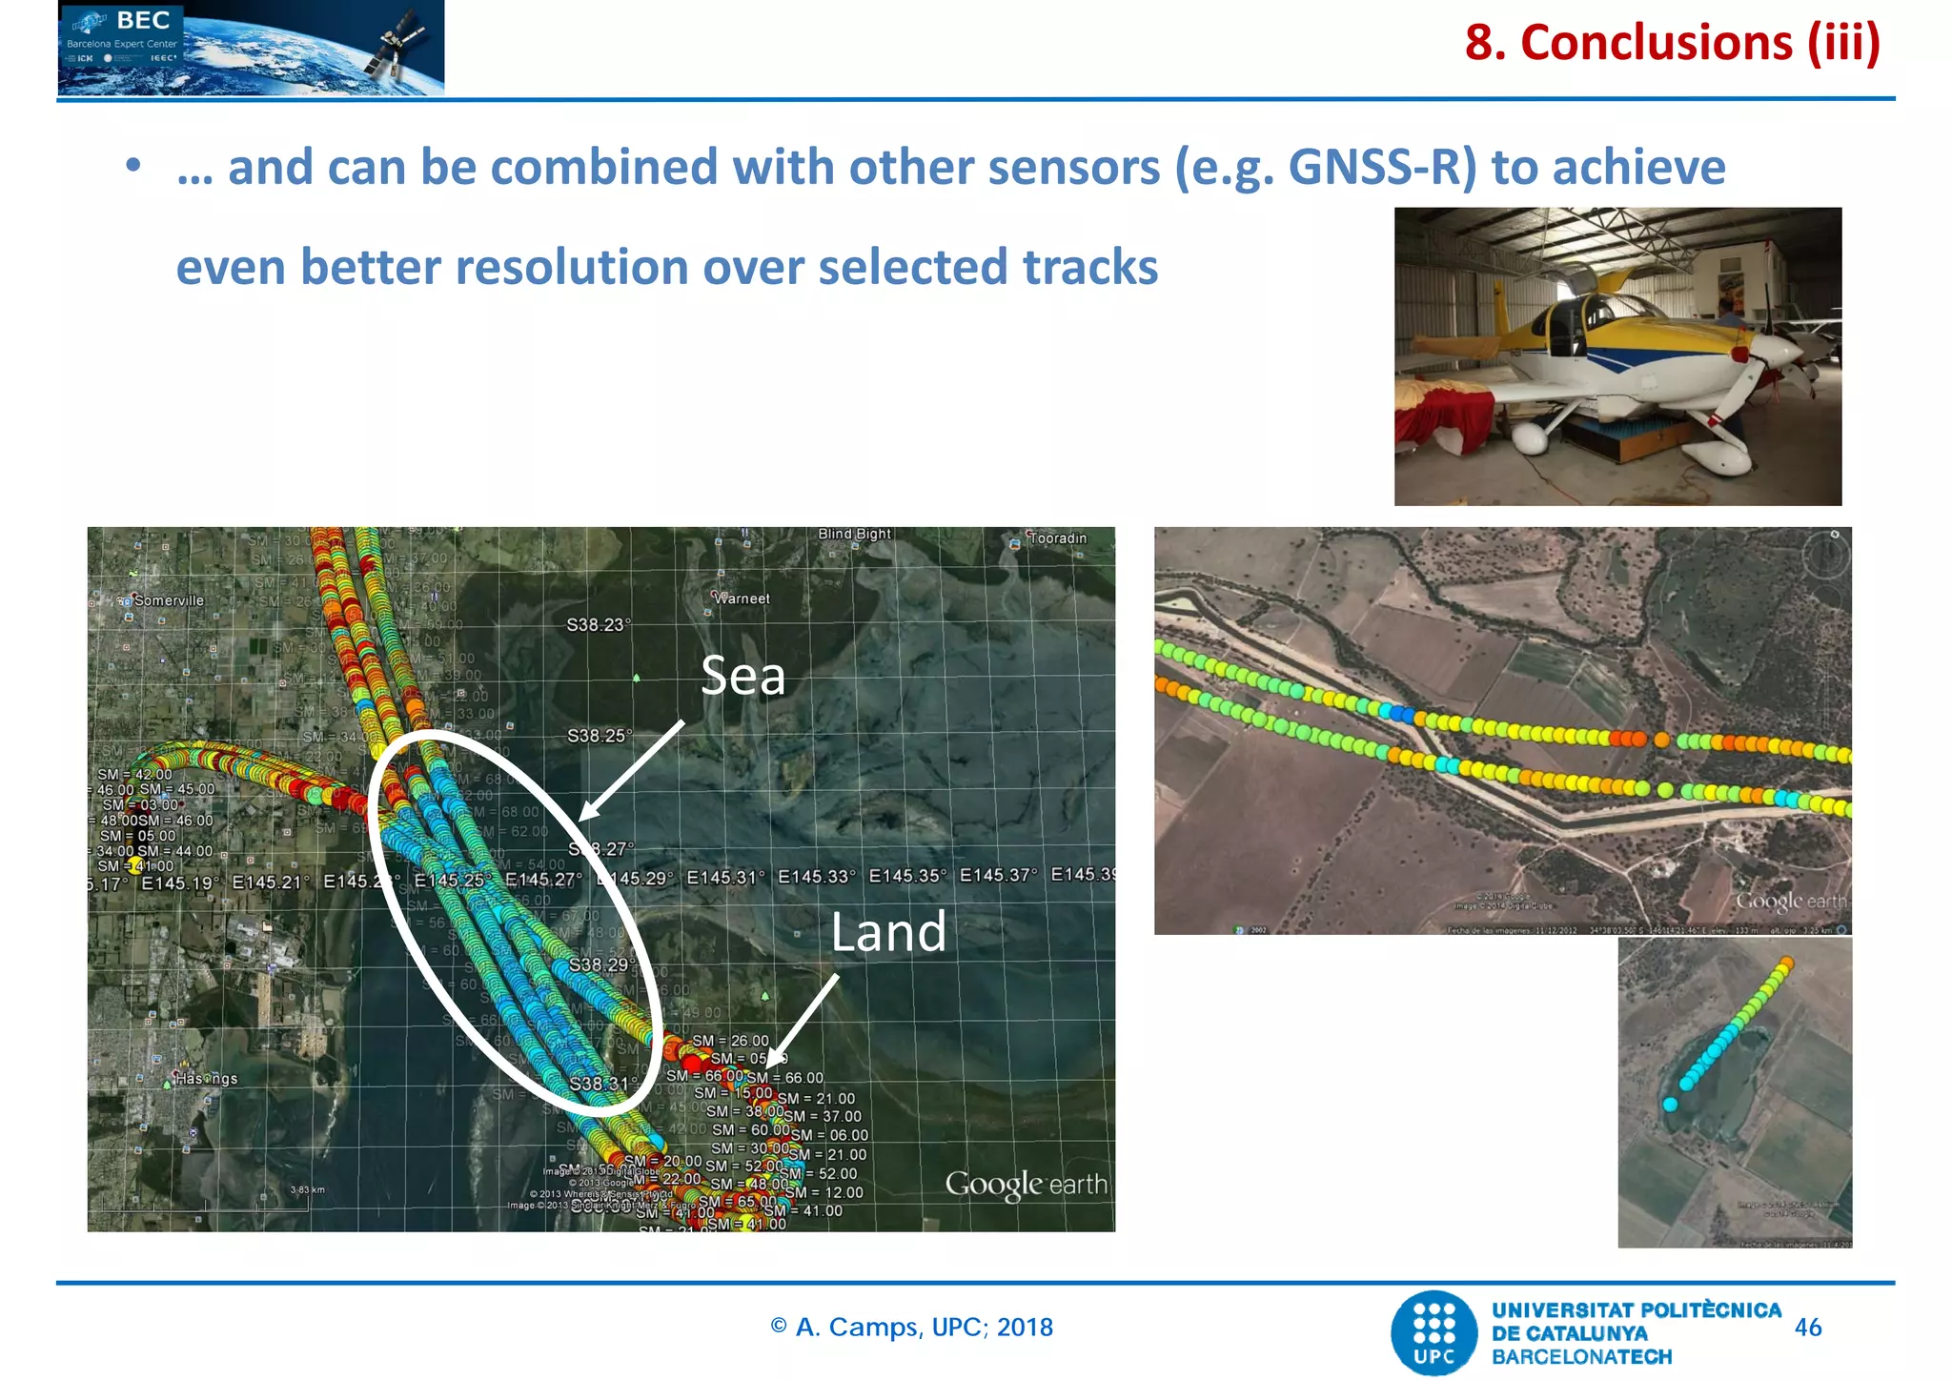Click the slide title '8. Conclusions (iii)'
click(x=1672, y=43)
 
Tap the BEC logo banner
click(x=251, y=48)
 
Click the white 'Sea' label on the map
click(x=742, y=676)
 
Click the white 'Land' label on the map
click(x=887, y=932)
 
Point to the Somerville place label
click(x=168, y=600)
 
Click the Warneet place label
click(x=742, y=599)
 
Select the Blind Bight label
click(x=854, y=534)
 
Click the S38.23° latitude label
click(x=598, y=625)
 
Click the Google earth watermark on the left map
click(x=1026, y=1185)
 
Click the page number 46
click(x=1807, y=1328)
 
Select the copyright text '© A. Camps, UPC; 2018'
click(x=911, y=1328)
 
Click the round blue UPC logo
click(x=1433, y=1332)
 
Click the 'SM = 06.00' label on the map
click(x=829, y=1135)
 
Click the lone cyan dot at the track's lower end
click(x=1670, y=1105)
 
